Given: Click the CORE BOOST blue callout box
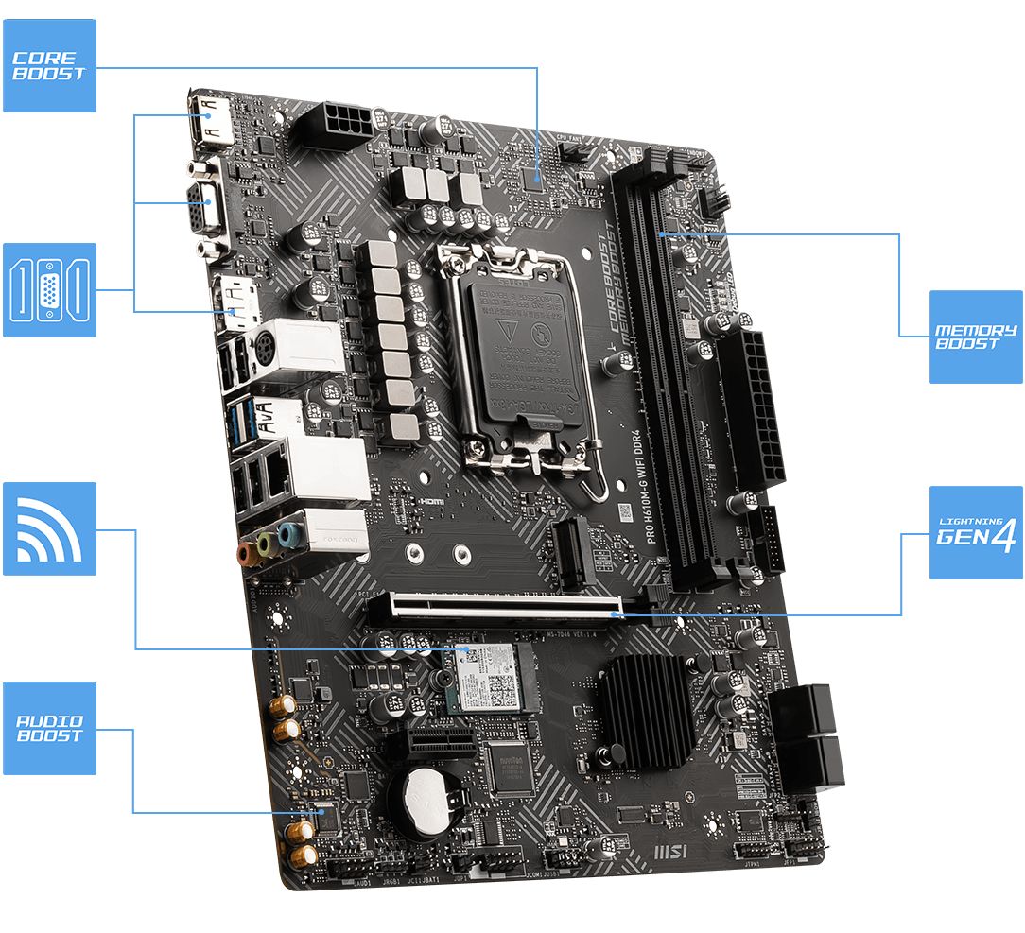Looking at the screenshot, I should tap(49, 65).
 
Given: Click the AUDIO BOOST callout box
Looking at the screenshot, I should tap(49, 728).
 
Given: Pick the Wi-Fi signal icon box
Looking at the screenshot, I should tap(49, 528).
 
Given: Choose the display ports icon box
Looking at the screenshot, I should tap(49, 289).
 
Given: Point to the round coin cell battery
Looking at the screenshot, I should tap(426, 800).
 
